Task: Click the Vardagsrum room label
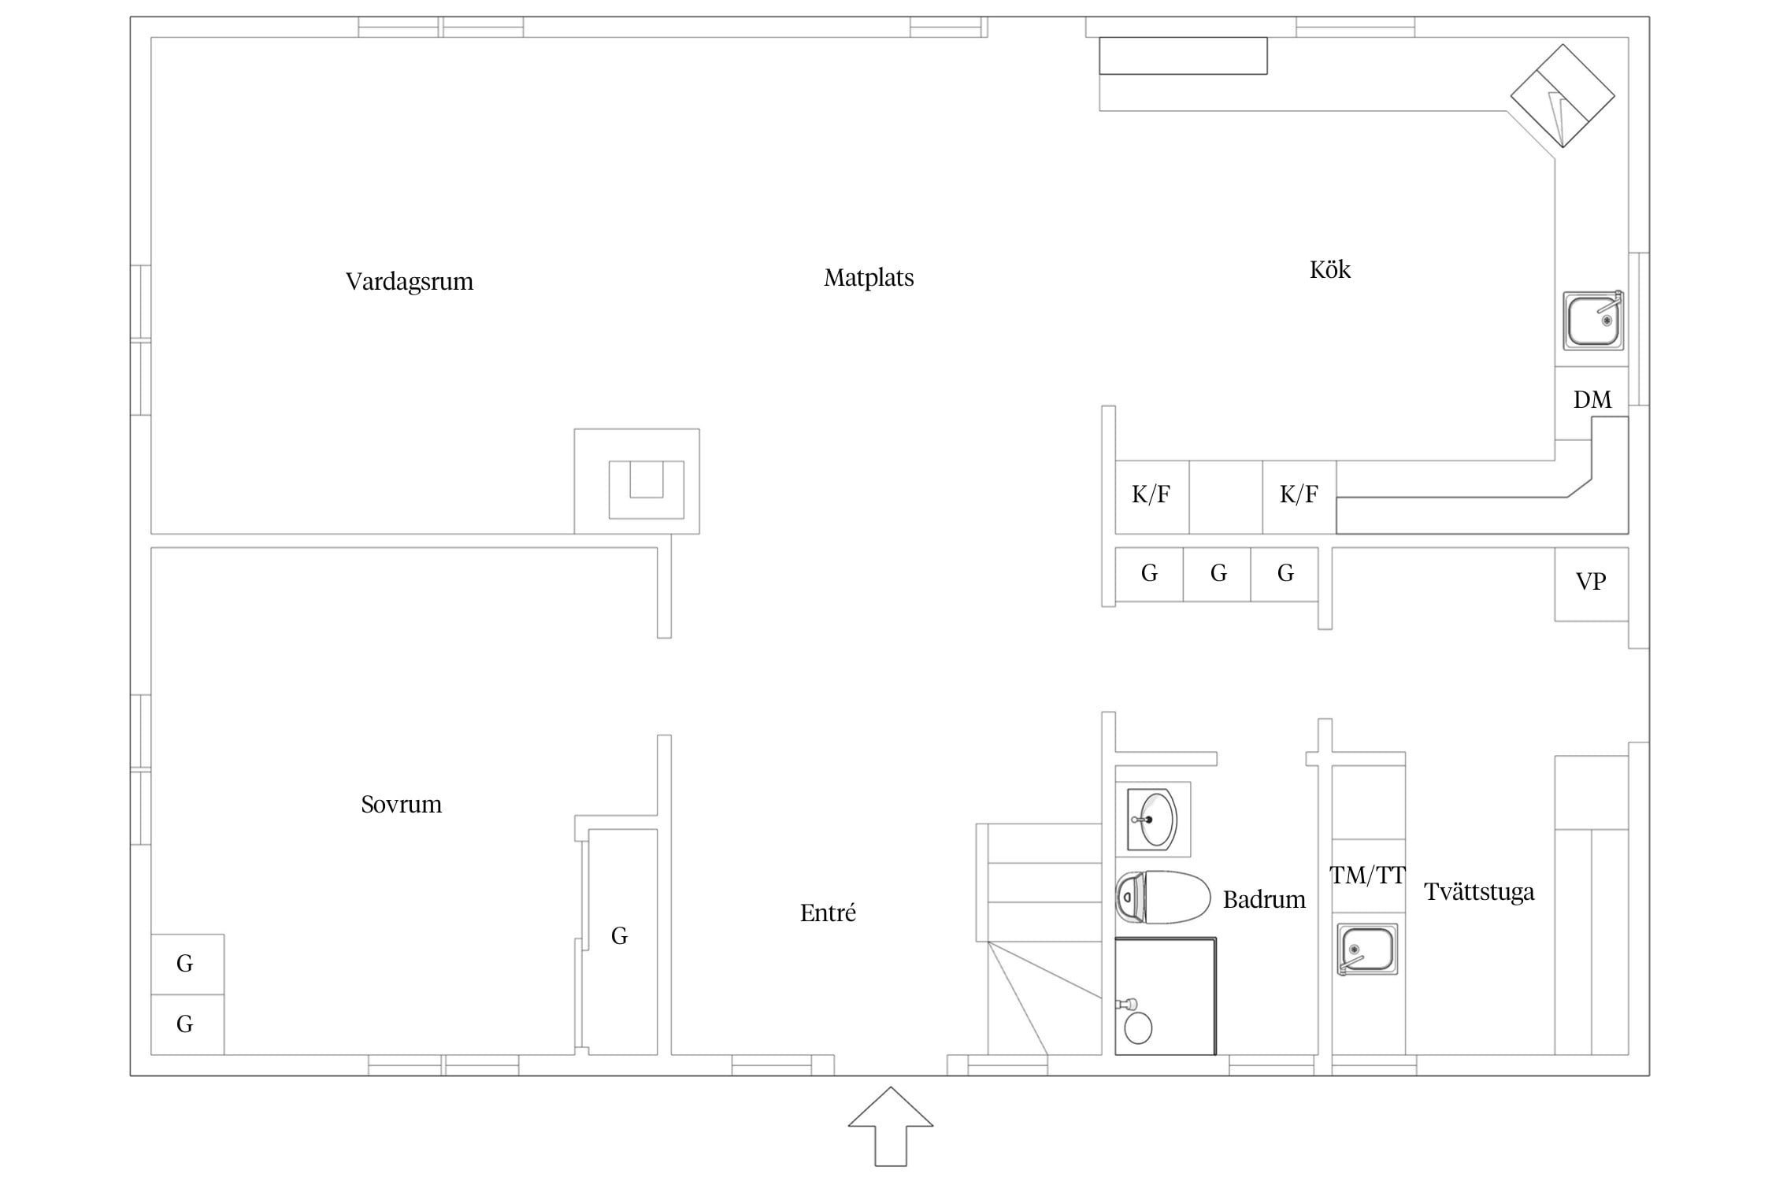tap(410, 282)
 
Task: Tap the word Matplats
tap(869, 278)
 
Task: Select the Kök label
tap(1329, 270)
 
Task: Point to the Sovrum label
tap(401, 804)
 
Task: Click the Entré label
tap(828, 913)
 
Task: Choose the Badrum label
tap(1264, 899)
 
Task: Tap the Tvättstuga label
tap(1479, 892)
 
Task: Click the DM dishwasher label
tap(1592, 400)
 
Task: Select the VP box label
tap(1590, 582)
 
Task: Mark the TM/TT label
tap(1367, 876)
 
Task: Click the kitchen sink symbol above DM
tap(1593, 320)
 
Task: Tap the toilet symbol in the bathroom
tap(1162, 897)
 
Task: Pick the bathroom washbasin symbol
tap(1152, 820)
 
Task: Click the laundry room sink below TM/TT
tap(1367, 950)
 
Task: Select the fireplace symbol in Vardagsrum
tap(637, 482)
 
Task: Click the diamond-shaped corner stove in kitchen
tap(1563, 96)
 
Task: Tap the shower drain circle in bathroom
tap(1138, 1028)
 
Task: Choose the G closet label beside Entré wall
tap(620, 936)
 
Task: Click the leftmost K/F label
tap(1151, 494)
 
